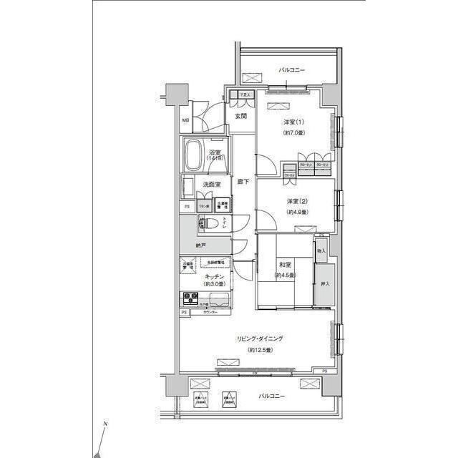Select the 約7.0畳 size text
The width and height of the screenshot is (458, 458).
coord(294,133)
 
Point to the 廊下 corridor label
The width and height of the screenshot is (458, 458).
coord(243,182)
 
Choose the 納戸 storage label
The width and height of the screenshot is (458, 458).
coord(201,246)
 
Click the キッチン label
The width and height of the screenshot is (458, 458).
coord(215,276)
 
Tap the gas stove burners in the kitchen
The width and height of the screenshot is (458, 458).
coord(191,296)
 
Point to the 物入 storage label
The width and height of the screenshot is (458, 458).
coord(321,251)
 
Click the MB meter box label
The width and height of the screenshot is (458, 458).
coord(185,121)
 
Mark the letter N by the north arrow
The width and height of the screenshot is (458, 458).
coord(105,426)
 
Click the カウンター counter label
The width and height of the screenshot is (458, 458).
coord(210,313)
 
